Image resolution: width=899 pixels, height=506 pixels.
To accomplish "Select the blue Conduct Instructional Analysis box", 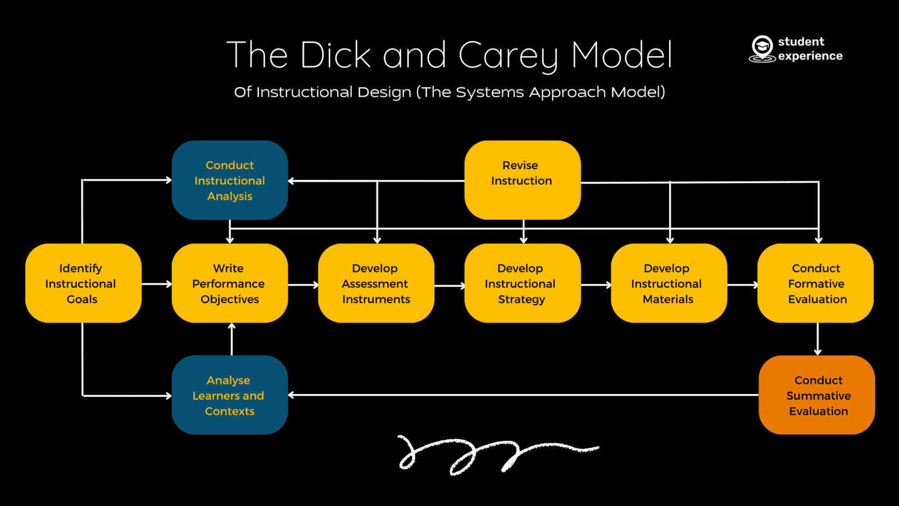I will pyautogui.click(x=229, y=180).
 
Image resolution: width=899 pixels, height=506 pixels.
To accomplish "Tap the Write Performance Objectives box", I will pyautogui.click(x=229, y=283).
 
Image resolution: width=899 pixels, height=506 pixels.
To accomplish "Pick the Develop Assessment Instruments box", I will pyautogui.click(x=376, y=283).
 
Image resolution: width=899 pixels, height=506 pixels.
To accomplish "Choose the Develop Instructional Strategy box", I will pyautogui.click(x=522, y=283).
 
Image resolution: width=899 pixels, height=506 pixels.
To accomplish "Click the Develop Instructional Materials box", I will pyautogui.click(x=669, y=283).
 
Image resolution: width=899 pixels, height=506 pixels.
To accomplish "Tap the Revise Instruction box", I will pyautogui.click(x=522, y=180).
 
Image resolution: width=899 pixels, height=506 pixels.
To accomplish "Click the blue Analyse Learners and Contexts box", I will pyautogui.click(x=229, y=395).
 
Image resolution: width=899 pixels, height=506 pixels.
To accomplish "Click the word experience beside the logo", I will pyautogui.click(x=810, y=56).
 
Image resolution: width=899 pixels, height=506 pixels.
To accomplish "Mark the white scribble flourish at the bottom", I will pyautogui.click(x=494, y=453).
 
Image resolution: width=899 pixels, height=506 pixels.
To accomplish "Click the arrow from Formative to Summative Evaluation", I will pyautogui.click(x=818, y=339).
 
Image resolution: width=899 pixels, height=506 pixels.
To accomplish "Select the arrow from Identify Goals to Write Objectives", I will pyautogui.click(x=157, y=284).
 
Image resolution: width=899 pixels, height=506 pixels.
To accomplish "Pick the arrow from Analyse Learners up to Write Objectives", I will pyautogui.click(x=231, y=339).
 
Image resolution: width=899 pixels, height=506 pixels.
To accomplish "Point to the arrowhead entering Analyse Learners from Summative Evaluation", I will pyautogui.click(x=292, y=395).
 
